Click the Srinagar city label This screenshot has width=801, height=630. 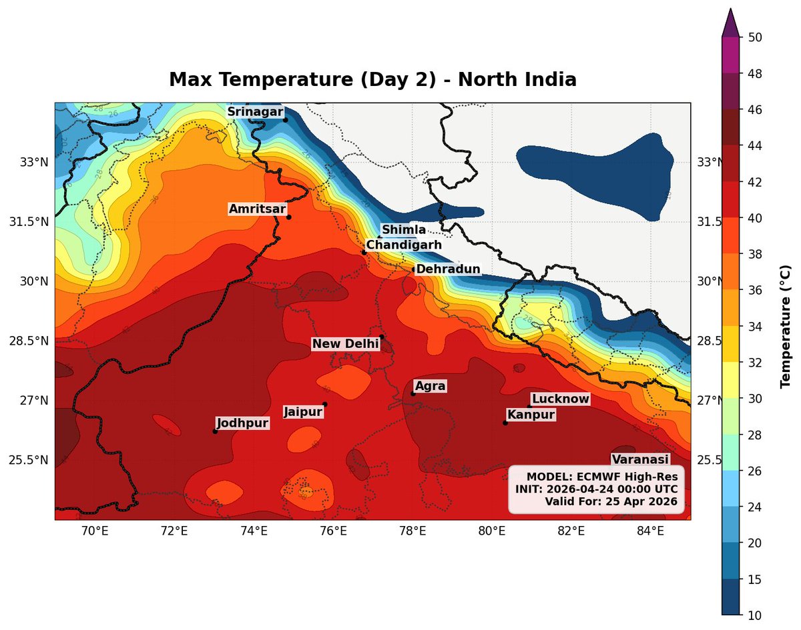(255, 112)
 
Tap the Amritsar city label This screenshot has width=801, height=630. (257, 209)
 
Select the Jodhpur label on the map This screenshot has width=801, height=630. (242, 423)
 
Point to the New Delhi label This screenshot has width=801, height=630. (345, 344)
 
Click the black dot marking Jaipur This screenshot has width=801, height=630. (325, 404)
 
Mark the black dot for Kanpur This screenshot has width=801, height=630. (505, 423)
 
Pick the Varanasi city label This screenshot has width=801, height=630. (640, 459)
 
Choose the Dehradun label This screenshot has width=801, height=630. (448, 269)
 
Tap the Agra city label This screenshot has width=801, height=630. (430, 386)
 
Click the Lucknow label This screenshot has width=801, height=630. (560, 399)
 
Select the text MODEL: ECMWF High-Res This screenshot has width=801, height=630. (601, 477)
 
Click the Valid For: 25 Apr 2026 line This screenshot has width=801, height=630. (611, 501)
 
